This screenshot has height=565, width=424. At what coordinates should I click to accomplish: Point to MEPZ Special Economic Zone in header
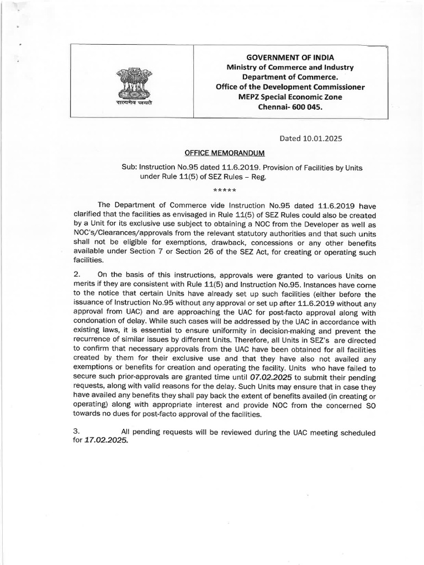click(x=290, y=97)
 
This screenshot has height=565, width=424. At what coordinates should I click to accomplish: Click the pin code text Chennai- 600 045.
click(x=290, y=107)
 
